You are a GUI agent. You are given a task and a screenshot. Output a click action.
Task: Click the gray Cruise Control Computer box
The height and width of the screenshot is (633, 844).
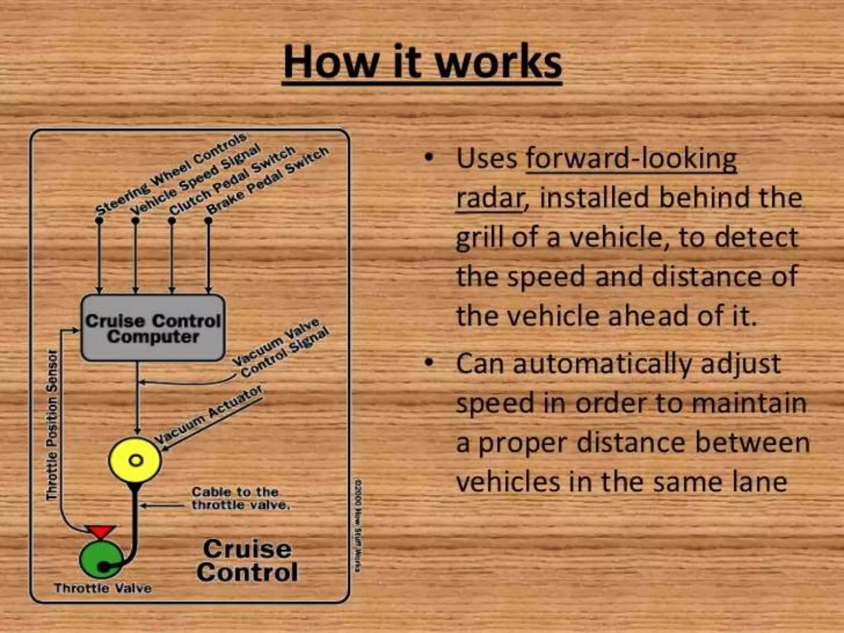click(153, 328)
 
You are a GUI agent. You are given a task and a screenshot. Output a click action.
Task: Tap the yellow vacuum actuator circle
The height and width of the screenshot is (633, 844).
click(135, 460)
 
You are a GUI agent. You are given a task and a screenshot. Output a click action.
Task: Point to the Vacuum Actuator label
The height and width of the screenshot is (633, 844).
click(208, 414)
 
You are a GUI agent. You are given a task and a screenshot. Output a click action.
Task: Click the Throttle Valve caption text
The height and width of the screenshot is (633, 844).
click(103, 588)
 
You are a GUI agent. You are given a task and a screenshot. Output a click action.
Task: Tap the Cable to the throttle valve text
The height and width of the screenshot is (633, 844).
click(240, 498)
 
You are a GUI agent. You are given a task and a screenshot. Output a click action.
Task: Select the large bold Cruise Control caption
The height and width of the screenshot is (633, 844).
click(247, 560)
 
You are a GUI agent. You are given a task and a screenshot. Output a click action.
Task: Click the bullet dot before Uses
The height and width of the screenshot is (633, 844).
click(429, 157)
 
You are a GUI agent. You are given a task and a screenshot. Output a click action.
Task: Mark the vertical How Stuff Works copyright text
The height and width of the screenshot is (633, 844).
click(358, 525)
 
